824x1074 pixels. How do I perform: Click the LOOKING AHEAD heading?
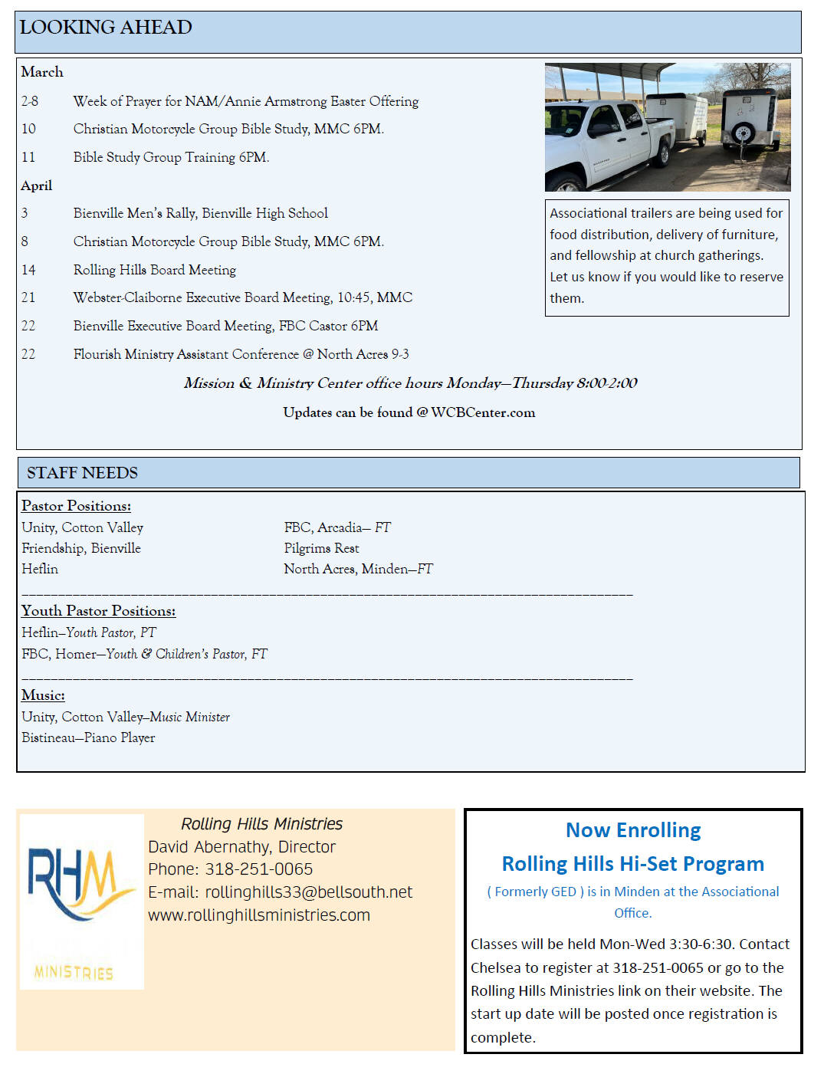click(x=106, y=28)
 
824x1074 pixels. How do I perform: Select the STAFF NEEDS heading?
click(x=82, y=473)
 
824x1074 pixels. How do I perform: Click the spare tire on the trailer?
click(x=742, y=133)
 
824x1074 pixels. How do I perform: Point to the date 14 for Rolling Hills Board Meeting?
click(x=28, y=270)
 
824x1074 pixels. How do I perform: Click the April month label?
click(x=37, y=186)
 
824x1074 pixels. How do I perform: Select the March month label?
click(x=42, y=72)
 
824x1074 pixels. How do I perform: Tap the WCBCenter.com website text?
click(x=483, y=412)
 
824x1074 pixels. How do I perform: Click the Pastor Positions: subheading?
click(x=76, y=506)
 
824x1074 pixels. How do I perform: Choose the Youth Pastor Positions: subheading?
click(x=98, y=611)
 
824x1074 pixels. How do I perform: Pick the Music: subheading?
click(x=43, y=695)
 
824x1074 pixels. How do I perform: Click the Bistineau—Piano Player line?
click(x=88, y=737)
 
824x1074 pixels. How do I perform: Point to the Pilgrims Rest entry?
click(x=321, y=548)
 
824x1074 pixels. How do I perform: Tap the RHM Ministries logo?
click(x=81, y=901)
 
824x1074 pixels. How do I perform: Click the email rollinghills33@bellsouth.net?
click(x=308, y=892)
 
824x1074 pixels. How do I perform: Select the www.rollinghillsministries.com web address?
click(x=259, y=915)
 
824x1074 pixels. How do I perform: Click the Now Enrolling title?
click(x=633, y=830)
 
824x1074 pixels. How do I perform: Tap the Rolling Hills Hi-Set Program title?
click(x=633, y=864)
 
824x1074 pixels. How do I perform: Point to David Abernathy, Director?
click(x=241, y=847)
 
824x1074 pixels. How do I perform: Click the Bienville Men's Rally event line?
click(x=200, y=213)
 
